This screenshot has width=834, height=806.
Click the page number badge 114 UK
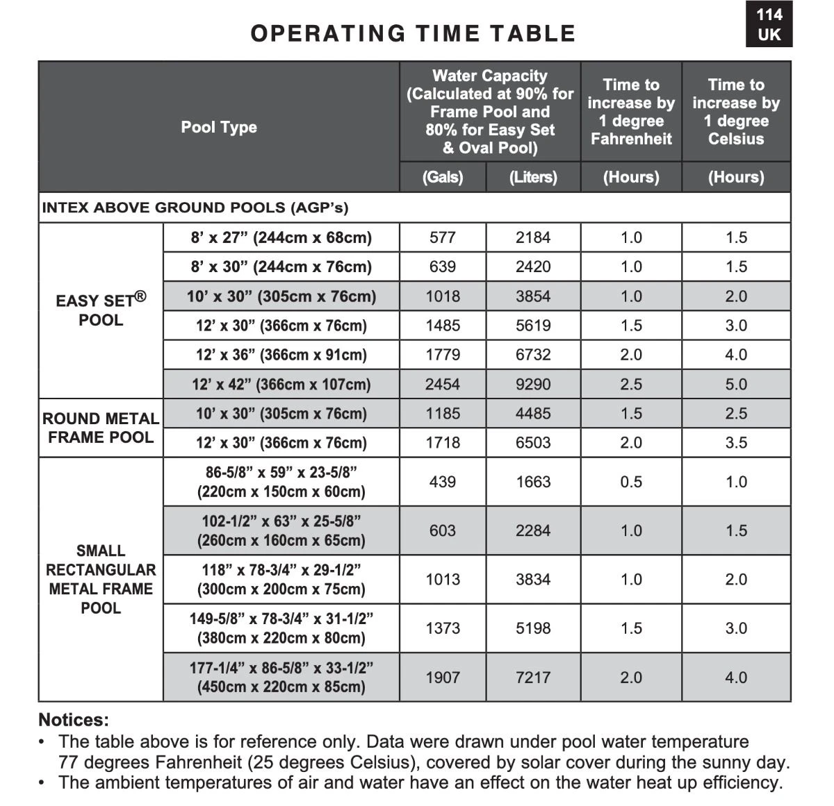pos(769,25)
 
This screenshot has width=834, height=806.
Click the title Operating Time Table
pos(413,33)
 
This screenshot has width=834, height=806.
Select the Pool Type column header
pos(219,127)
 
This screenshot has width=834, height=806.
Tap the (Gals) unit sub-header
pos(443,177)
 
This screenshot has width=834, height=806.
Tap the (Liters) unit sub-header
pos(533,177)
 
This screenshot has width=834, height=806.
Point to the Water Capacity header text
pos(490,76)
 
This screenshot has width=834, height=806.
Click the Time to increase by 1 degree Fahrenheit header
pos(631,112)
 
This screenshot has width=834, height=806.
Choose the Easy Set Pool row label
pos(101,310)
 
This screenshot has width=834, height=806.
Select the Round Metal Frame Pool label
pos(101,428)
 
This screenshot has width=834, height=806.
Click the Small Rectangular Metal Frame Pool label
pos(101,579)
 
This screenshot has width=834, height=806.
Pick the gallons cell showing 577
pos(443,237)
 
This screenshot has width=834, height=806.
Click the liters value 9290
pos(533,384)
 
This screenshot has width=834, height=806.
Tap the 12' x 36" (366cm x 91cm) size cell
pos(281,355)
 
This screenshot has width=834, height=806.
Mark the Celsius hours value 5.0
pos(736,384)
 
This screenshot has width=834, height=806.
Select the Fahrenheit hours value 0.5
pos(631,482)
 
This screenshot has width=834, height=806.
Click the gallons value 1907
pos(443,677)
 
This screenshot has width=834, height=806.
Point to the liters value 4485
pos(533,413)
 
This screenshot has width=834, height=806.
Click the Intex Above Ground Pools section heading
pos(195,208)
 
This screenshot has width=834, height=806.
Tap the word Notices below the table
pos(74,720)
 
